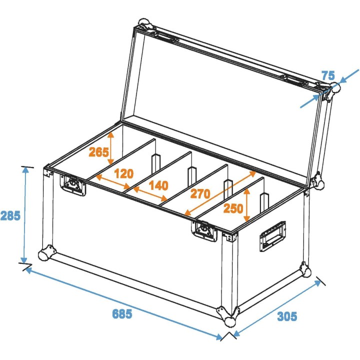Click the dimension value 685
pos(122,314)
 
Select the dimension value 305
pos(287,316)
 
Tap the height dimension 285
pos(10,216)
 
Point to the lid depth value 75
pos(328,75)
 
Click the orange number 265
pos(98,152)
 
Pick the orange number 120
pos(123,173)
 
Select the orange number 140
pos(158,186)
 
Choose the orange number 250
pos(234,208)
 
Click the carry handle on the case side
pos(272,237)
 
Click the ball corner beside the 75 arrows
pos(331,91)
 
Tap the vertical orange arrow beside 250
pos(246,206)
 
